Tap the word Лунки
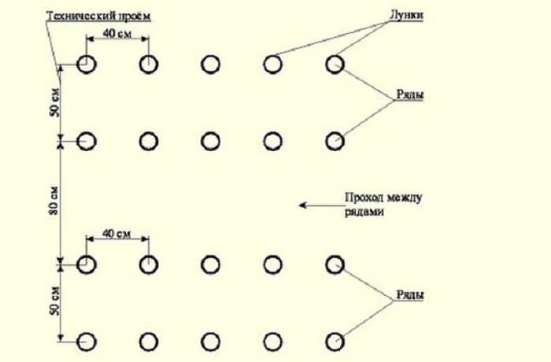[408, 16]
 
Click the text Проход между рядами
[373, 205]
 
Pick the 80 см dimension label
[51, 201]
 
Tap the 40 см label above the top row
[116, 34]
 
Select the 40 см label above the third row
[116, 235]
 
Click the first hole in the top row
[87, 64]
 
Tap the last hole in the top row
[335, 64]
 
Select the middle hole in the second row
[210, 141]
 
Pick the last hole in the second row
[335, 141]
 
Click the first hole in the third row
[87, 264]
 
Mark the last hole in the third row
[335, 264]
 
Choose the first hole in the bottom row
[87, 341]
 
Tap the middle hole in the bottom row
[210, 341]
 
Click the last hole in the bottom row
[335, 341]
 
